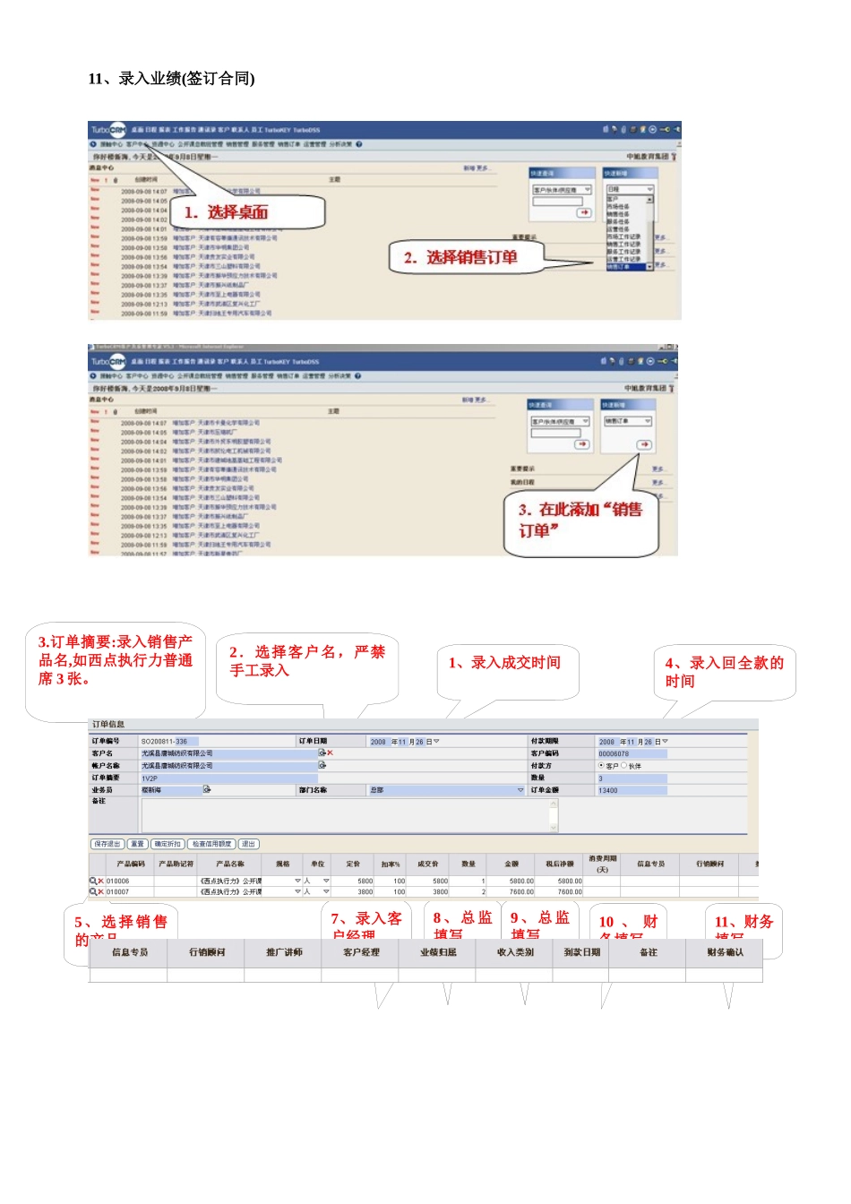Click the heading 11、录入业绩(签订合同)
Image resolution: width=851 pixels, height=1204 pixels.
click(171, 79)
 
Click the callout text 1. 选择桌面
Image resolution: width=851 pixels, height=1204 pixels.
click(226, 212)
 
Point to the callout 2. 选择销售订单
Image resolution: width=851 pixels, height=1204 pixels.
click(460, 258)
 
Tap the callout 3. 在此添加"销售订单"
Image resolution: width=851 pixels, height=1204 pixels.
click(580, 520)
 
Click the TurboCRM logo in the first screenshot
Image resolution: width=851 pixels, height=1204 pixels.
click(107, 131)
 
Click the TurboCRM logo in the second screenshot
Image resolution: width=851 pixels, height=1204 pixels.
click(107, 362)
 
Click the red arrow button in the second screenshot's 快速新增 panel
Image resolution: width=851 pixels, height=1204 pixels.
click(644, 444)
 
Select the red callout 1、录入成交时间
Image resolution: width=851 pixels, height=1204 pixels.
click(504, 663)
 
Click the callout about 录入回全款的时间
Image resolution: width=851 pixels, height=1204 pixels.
click(723, 672)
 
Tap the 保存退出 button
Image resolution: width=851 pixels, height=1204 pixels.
click(107, 844)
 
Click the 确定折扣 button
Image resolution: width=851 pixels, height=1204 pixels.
click(168, 844)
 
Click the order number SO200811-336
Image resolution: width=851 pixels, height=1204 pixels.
click(165, 742)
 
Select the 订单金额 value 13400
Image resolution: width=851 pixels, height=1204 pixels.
click(608, 790)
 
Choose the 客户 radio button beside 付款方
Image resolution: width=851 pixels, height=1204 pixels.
click(601, 766)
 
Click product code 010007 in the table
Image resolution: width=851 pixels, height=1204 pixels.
click(118, 892)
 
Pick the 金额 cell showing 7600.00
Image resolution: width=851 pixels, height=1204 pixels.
click(521, 892)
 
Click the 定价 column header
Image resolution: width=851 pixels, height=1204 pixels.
click(353, 864)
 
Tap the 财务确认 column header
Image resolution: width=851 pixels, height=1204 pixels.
click(725, 952)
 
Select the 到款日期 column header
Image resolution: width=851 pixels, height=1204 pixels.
click(581, 952)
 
